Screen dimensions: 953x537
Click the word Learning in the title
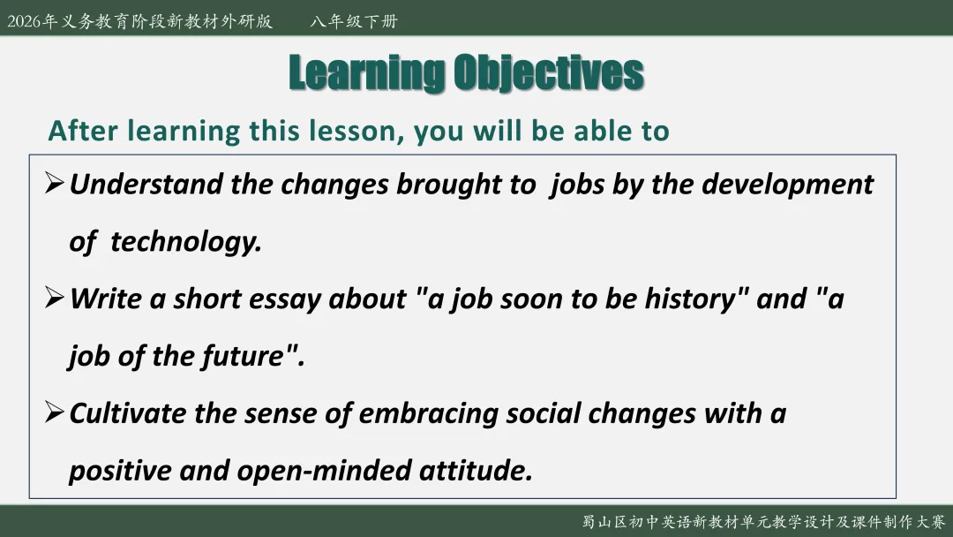click(x=367, y=73)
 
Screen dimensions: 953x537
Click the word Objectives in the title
click(x=549, y=73)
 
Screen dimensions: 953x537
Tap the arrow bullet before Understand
click(x=54, y=183)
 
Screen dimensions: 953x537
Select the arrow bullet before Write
click(x=54, y=298)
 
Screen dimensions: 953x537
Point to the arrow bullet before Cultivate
click(x=54, y=412)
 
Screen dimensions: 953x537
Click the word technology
click(x=186, y=242)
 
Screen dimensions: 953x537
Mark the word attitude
click(x=476, y=471)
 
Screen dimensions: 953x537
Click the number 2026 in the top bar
click(x=24, y=21)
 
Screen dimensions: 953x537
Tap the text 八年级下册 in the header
click(x=354, y=21)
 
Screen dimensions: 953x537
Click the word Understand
click(x=146, y=185)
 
